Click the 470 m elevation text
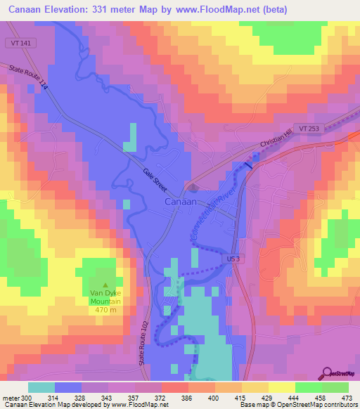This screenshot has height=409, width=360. coord(105,310)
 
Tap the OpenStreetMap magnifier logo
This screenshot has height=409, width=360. coord(328,372)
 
